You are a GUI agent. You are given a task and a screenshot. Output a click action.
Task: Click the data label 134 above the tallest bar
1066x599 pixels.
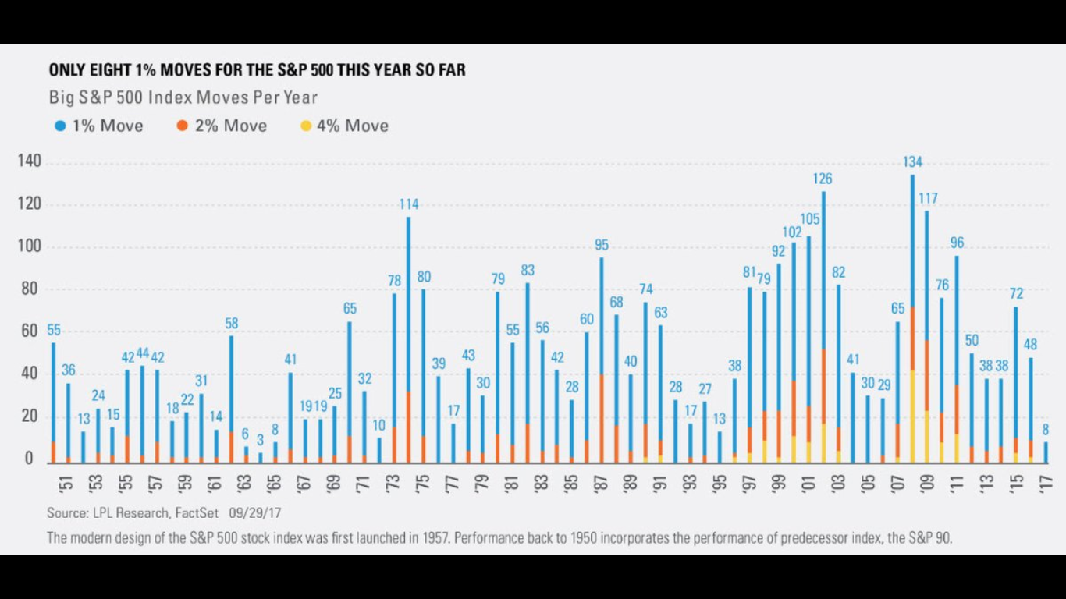[912, 162]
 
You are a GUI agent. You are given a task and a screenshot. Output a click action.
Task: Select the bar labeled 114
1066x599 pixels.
[408, 335]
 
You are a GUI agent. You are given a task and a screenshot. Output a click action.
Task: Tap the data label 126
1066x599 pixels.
[823, 179]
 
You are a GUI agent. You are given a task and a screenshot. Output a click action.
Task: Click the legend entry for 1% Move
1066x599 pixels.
[99, 126]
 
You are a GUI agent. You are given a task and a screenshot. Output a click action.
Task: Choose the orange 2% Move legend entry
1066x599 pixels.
[222, 126]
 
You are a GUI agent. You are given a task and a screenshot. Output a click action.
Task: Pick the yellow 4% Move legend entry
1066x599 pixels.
[345, 126]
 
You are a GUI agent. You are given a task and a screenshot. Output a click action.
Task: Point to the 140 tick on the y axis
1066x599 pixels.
[29, 162]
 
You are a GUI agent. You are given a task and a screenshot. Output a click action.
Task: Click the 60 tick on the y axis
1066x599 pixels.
[29, 331]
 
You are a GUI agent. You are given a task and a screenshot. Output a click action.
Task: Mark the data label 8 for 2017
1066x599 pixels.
[1046, 430]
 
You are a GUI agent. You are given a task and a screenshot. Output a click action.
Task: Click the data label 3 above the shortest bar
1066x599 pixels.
[260, 440]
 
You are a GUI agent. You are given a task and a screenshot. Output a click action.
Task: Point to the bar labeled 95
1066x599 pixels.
[601, 359]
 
